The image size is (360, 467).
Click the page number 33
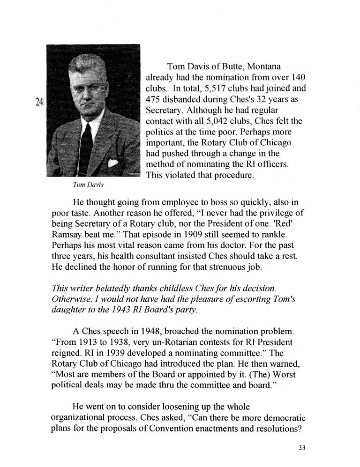[x=302, y=448]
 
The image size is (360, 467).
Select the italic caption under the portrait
[x=88, y=185]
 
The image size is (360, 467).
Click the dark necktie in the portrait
[x=86, y=145]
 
